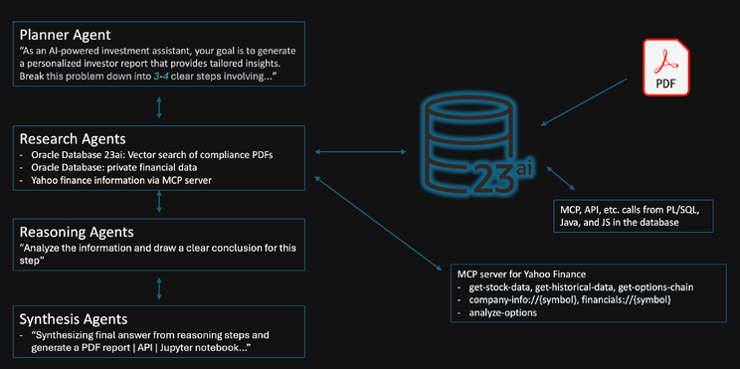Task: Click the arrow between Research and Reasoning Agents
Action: coord(159,203)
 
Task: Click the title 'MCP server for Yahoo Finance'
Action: coord(522,273)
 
